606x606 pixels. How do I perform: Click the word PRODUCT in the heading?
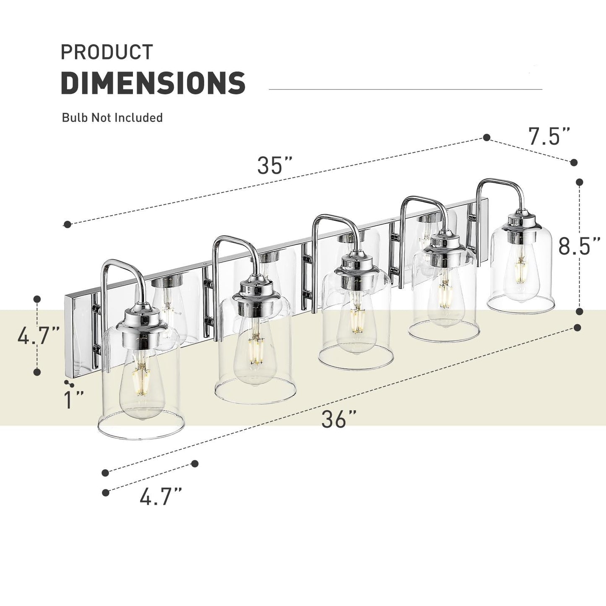(107, 52)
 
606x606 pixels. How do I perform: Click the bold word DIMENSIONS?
(153, 83)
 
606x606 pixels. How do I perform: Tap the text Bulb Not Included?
(112, 118)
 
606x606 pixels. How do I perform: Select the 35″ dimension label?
(275, 166)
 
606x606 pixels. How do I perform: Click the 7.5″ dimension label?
(549, 137)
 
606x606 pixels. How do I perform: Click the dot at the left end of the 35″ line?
(67, 225)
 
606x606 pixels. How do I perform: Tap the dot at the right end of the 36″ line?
(577, 327)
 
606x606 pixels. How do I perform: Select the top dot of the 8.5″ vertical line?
(580, 182)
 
